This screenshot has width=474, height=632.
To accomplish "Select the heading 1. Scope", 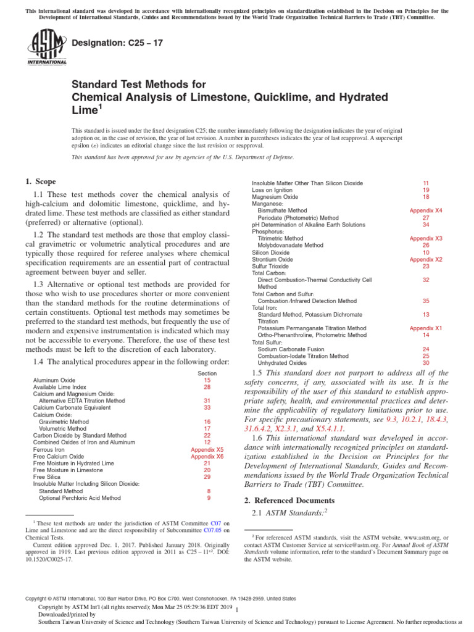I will pyautogui.click(x=40, y=181).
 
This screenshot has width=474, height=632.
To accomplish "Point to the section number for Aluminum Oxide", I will pyautogui.click(x=207, y=381).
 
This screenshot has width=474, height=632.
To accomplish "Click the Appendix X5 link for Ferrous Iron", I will pyautogui.click(x=207, y=450).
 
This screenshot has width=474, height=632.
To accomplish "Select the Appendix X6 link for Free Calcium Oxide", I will pyautogui.click(x=207, y=457).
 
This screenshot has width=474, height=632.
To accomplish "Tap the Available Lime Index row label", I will pyautogui.click(x=60, y=388).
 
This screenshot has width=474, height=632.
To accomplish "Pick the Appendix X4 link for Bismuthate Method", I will pyautogui.click(x=426, y=210).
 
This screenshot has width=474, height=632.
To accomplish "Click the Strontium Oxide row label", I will pyautogui.click(x=272, y=259).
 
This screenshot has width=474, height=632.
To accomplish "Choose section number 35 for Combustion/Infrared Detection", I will pyautogui.click(x=426, y=301).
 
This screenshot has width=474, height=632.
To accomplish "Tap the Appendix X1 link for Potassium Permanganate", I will pyautogui.click(x=426, y=328).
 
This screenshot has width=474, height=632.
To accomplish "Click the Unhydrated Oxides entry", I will pyautogui.click(x=282, y=363).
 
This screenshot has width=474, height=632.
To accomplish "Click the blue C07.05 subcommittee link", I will pyautogui.click(x=212, y=530).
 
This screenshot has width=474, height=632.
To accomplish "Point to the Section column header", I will pyautogui.click(x=207, y=373).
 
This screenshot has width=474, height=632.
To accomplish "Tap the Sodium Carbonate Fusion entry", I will pyautogui.click(x=291, y=349).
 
